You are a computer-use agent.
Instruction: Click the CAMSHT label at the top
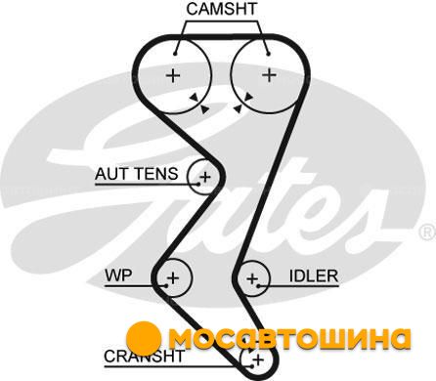tap(222, 9)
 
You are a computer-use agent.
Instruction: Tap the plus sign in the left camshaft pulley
tap(173, 75)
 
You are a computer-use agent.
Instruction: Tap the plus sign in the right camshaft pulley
tap(270, 75)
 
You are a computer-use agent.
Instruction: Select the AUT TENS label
tap(137, 174)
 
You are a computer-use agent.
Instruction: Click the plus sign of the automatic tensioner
tap(205, 177)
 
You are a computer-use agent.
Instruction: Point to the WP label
tap(118, 275)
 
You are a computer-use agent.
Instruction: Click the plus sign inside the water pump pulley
tap(173, 277)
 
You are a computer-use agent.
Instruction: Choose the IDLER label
tap(314, 275)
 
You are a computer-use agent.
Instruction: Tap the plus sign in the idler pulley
tap(252, 278)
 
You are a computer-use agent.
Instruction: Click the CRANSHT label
tap(144, 357)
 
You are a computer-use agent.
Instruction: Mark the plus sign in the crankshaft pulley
tap(259, 360)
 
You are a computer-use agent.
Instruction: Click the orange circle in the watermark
tap(144, 339)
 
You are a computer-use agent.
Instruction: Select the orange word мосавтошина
tap(289, 340)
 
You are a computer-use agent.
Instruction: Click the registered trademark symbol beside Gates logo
tap(427, 233)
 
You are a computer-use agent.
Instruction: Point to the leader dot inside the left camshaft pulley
tap(175, 54)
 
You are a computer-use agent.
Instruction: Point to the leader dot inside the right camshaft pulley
tap(268, 54)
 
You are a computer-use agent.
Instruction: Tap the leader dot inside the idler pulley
tap(258, 286)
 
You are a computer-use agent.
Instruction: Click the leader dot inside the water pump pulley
tap(166, 286)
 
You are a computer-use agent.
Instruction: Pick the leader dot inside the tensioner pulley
tap(198, 184)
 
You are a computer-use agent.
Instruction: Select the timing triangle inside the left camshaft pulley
tap(194, 97)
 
